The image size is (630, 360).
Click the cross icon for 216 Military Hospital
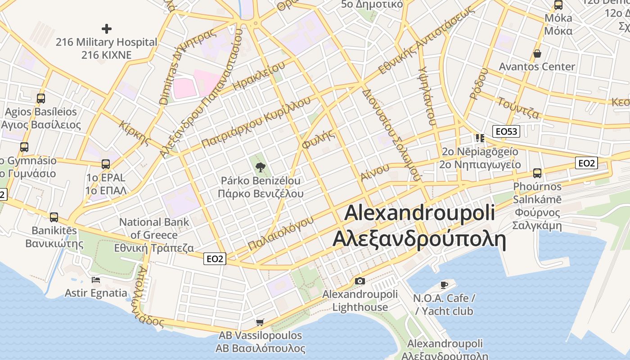[106, 29]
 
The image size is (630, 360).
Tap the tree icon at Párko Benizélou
[260, 168]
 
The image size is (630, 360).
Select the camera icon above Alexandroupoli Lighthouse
[360, 281]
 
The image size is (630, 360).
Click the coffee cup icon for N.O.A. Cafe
[444, 285]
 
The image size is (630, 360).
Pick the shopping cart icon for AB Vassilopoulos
[260, 322]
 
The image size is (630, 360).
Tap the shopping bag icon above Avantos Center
[537, 54]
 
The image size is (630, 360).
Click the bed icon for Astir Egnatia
[96, 280]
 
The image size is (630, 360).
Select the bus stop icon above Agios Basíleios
[41, 98]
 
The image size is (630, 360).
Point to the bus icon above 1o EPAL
[105, 164]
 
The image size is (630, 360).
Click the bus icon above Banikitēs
[54, 217]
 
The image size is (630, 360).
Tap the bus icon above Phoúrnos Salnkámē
[537, 173]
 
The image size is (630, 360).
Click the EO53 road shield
[506, 131]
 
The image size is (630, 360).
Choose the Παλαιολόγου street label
[280, 233]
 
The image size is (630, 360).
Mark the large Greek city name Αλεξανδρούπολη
[419, 238]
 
